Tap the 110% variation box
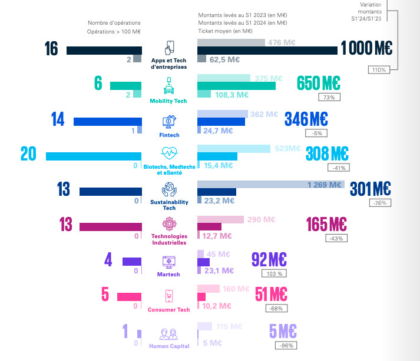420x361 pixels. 378,69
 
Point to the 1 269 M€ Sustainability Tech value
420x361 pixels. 325,185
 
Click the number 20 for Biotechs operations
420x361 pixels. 28,154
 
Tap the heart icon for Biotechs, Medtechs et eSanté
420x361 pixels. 169,154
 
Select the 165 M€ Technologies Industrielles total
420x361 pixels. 326,225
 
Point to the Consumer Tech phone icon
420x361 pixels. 169,296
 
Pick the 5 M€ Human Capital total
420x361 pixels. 283,332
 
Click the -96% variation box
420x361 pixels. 288,345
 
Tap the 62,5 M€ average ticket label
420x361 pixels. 224,59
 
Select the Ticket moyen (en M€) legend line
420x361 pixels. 226,31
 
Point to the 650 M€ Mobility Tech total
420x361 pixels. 319,83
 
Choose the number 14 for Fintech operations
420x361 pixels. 58,119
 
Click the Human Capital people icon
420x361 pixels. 169,333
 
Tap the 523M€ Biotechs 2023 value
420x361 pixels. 288,149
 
